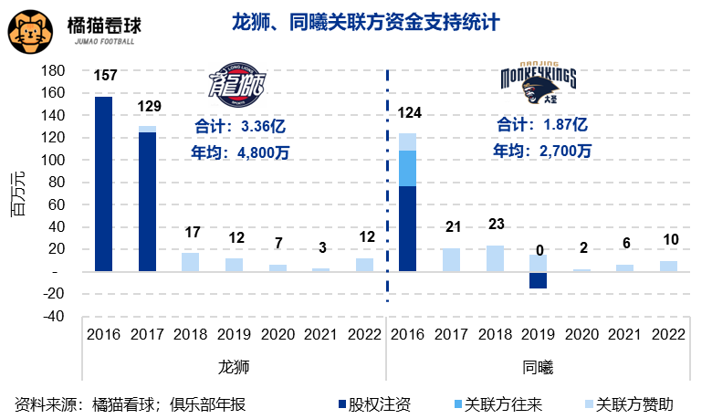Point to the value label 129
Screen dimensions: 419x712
tap(149, 106)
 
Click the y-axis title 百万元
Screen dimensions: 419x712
tap(17, 194)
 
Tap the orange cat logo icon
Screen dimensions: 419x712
tap(30, 30)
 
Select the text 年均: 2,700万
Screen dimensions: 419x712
tap(542, 149)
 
